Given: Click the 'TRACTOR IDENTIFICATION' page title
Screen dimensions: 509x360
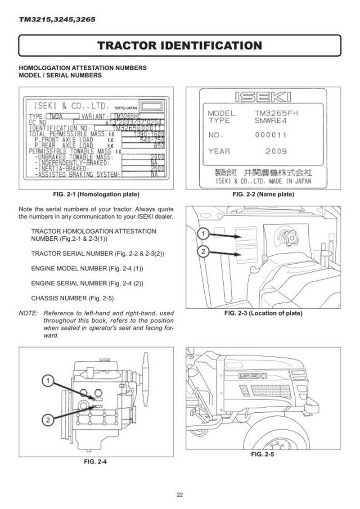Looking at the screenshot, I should (x=180, y=45).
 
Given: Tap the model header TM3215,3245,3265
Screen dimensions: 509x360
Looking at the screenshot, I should (x=57, y=20).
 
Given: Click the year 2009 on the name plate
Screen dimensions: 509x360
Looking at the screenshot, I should (x=275, y=151).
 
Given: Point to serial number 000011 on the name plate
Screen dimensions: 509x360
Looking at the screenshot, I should (x=271, y=135).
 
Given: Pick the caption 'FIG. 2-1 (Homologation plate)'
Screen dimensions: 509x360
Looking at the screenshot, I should (x=96, y=194).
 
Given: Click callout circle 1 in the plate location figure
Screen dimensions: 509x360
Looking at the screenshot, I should (x=203, y=234).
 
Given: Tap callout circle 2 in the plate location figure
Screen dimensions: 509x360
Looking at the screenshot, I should (x=203, y=252).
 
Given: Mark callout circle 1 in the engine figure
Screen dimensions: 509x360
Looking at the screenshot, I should (x=47, y=381).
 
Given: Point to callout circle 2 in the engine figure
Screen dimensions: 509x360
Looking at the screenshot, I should (x=47, y=420).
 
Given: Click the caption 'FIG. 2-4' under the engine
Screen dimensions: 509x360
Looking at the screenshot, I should (x=96, y=461).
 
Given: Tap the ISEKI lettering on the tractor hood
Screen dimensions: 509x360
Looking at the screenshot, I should (x=247, y=375).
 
